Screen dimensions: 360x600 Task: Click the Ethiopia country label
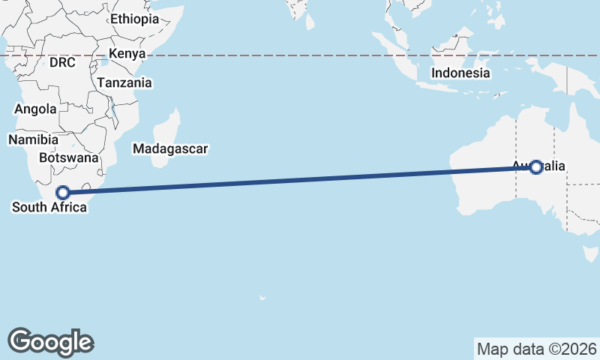[x=134, y=19]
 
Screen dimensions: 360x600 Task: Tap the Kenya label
[x=126, y=53]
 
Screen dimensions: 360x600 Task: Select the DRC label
[x=63, y=63]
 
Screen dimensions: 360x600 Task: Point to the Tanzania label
[x=124, y=83]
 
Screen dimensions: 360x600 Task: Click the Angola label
[x=35, y=109]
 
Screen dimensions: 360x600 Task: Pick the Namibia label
[x=33, y=139]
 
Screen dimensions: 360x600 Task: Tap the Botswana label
[x=68, y=158]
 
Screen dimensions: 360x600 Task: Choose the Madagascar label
[x=170, y=148]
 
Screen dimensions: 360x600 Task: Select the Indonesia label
[x=460, y=73]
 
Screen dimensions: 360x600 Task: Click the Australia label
[x=539, y=166]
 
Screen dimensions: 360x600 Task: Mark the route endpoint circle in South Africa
[x=64, y=192]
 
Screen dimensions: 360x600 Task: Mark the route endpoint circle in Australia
[x=535, y=167]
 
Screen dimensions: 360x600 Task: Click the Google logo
[x=51, y=342]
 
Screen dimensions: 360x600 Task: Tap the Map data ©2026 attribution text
[x=536, y=349]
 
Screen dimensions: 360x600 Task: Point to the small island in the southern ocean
[x=262, y=298]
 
